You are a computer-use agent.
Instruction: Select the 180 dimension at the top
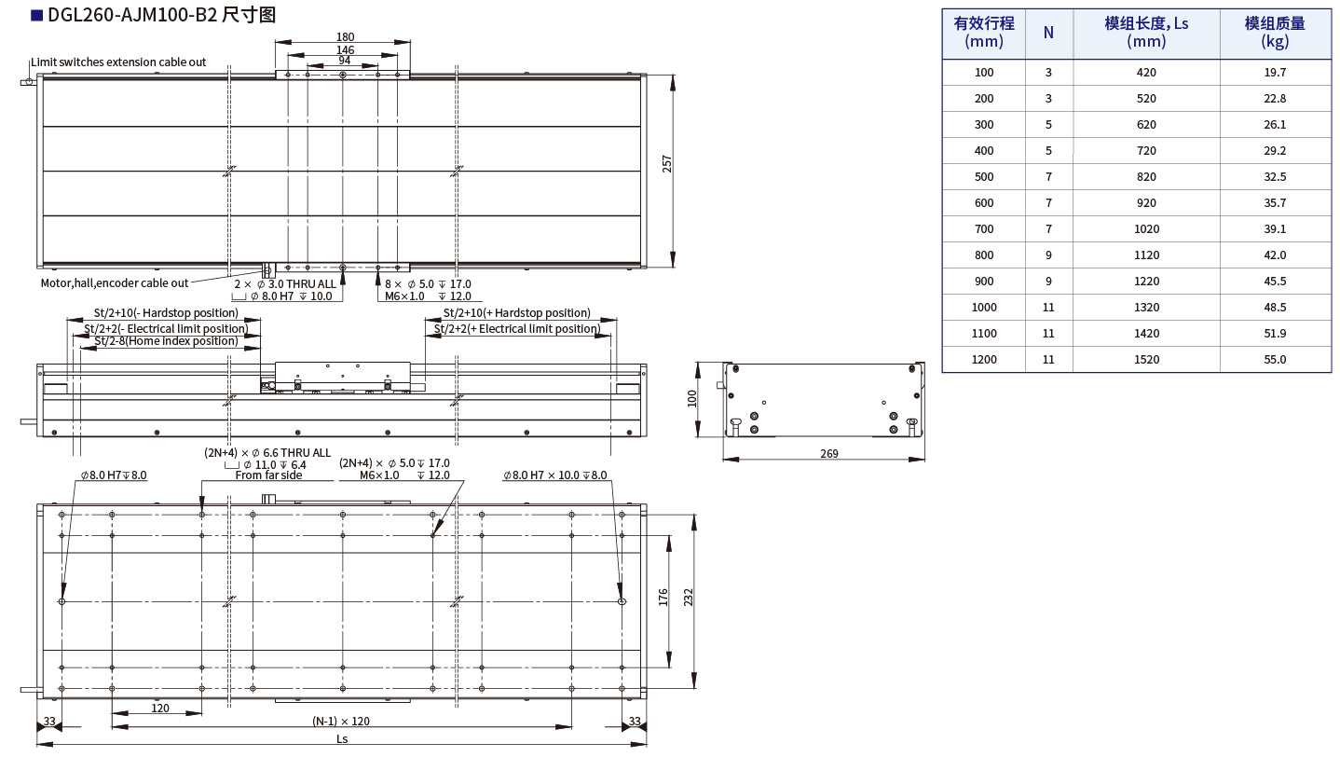(x=344, y=37)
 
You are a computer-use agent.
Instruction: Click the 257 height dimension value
(x=666, y=164)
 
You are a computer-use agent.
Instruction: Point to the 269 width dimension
(x=829, y=454)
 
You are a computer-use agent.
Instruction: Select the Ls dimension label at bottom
(x=342, y=738)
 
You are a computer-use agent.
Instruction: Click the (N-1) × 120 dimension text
(x=341, y=722)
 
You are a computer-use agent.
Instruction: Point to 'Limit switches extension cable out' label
(x=118, y=62)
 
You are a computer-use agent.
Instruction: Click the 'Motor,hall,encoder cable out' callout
(x=115, y=283)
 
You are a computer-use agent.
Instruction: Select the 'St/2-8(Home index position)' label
(x=166, y=341)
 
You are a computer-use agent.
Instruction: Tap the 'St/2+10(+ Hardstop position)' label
(x=516, y=313)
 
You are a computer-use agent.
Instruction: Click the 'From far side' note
(x=268, y=475)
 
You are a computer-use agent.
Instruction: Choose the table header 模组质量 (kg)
(x=1274, y=33)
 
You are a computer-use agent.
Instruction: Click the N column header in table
(x=1048, y=33)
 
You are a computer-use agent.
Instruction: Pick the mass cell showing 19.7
(x=1274, y=72)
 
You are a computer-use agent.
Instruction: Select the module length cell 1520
(x=1146, y=359)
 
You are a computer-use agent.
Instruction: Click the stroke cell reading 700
(x=984, y=228)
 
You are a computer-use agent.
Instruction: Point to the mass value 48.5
(x=1274, y=307)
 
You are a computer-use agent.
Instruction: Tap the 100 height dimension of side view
(x=692, y=399)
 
